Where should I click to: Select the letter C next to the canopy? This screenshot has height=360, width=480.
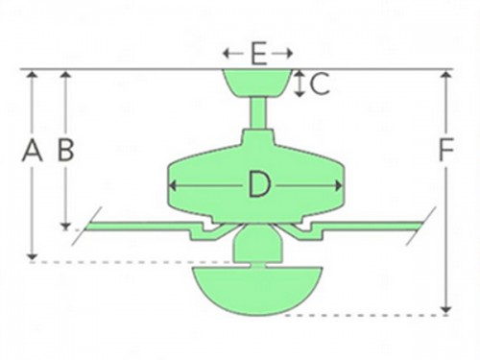click(320, 84)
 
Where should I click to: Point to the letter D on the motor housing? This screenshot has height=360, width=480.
click(259, 185)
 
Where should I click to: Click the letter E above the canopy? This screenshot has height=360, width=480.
click(258, 54)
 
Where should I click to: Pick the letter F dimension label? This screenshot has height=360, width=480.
click(445, 150)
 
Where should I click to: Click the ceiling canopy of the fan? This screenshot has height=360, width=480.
click(257, 83)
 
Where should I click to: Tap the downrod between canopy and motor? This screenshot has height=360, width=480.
click(258, 113)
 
